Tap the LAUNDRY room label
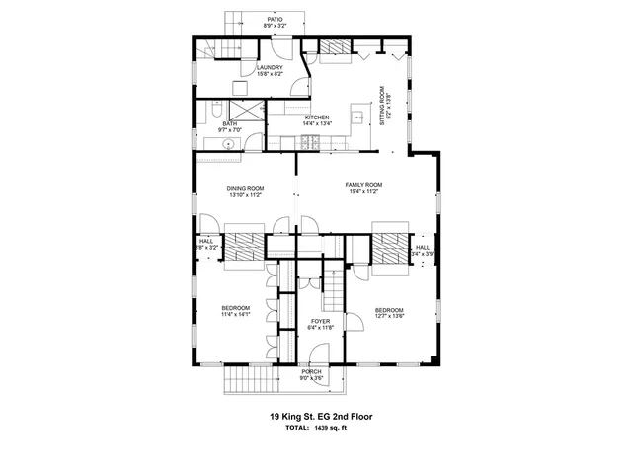click(270, 68)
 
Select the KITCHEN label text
click(316, 118)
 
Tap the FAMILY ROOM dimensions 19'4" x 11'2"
click(362, 191)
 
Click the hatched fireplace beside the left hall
click(244, 244)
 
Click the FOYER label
click(320, 321)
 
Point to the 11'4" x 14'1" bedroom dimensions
click(235, 316)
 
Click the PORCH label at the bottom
click(311, 371)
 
